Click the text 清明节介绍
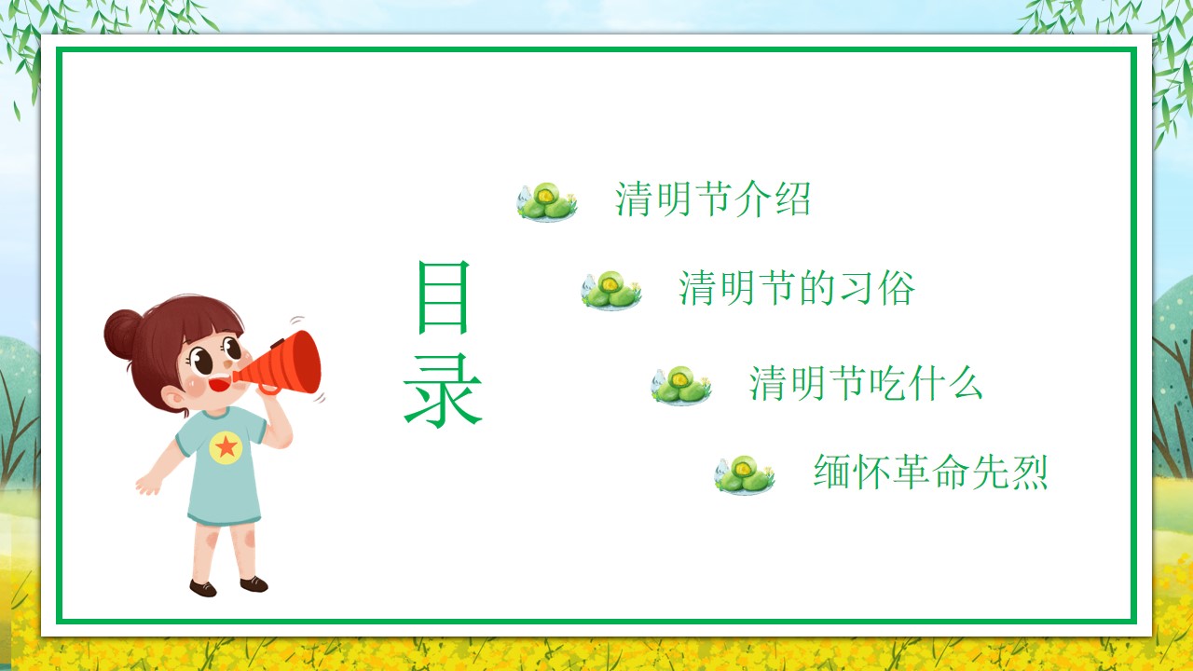(713, 199)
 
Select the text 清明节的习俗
(797, 288)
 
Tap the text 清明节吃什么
(866, 383)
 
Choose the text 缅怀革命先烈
(930, 472)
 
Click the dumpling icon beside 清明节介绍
(546, 201)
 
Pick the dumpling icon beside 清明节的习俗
(610, 290)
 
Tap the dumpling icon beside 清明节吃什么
(680, 386)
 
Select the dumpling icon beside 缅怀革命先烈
(744, 474)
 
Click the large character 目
(443, 297)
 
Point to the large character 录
(443, 390)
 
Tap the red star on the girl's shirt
(226, 446)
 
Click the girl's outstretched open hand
(148, 484)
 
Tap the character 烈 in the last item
(1030, 472)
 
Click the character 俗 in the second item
(897, 288)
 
